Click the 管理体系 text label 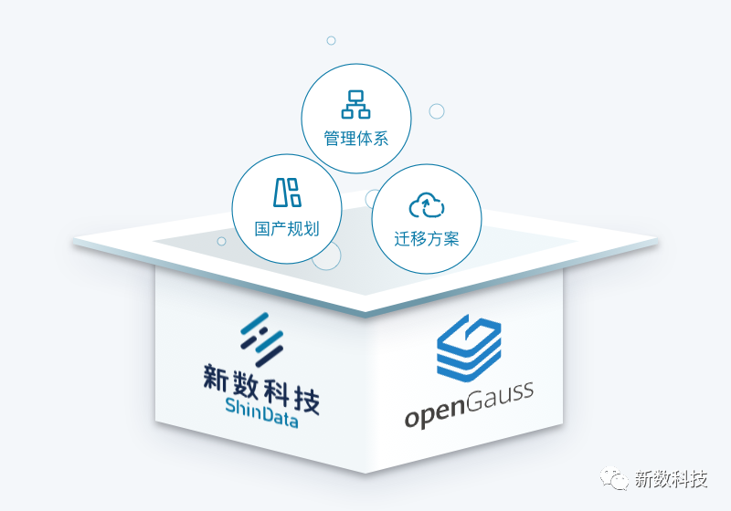356,140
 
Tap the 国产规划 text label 287,228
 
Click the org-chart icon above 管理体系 356,104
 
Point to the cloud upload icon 427,205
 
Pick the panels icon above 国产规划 287,192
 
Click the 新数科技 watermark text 671,480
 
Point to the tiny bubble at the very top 331,40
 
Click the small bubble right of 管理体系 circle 437,111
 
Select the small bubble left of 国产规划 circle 221,241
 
